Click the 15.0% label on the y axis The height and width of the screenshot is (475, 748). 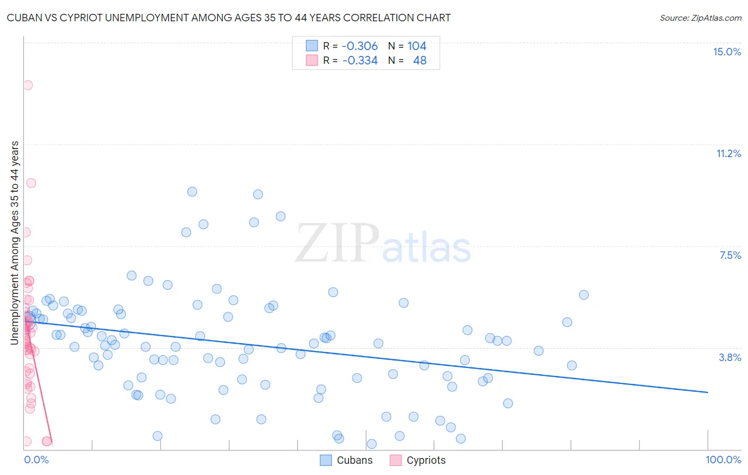727,52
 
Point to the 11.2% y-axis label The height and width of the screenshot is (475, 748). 728,153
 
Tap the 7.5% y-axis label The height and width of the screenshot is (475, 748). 730,255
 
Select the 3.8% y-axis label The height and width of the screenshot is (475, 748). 730,357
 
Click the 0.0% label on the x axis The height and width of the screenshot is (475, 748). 36,460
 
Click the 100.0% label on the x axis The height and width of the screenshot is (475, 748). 723,460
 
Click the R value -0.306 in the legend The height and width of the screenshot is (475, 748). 360,46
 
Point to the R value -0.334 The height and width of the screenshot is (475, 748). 360,60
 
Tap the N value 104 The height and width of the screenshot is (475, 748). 417,46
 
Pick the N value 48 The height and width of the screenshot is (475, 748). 420,60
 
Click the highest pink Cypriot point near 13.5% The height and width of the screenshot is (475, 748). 28,85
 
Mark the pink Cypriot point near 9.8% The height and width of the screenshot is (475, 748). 31,183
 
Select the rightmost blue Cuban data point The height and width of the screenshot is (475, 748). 584,295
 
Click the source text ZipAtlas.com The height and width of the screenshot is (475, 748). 700,18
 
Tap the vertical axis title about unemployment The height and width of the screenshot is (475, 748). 15,243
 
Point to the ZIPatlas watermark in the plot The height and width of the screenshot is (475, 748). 383,244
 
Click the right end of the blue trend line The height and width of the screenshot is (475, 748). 708,392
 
